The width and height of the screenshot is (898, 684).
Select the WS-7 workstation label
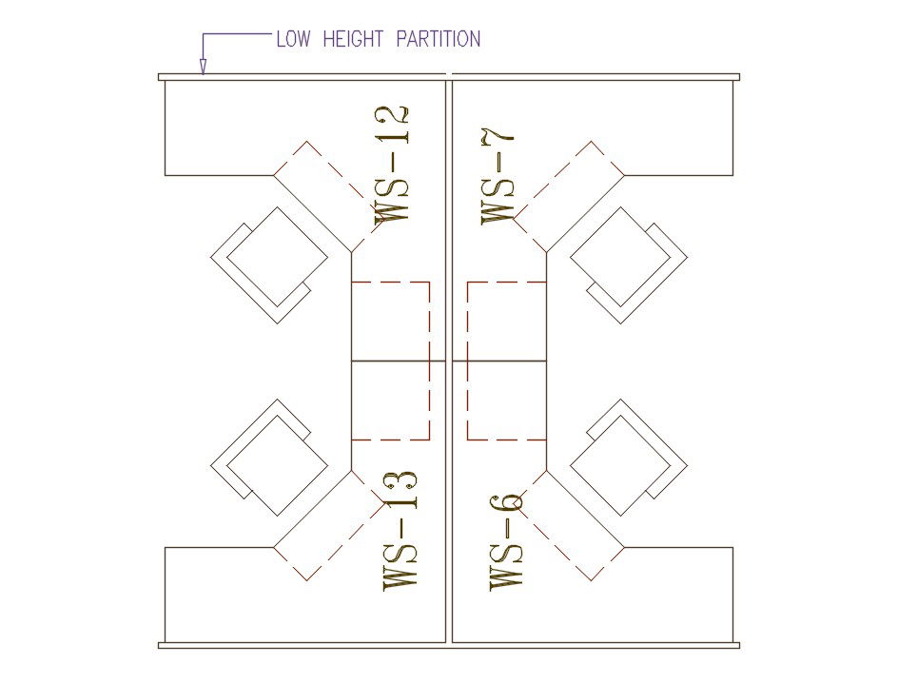[500, 177]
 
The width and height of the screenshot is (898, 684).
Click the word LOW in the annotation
[292, 39]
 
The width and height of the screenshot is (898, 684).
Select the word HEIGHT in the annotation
[353, 39]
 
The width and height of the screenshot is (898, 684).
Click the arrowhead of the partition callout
[203, 67]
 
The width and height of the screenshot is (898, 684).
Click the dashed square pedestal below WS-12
[390, 322]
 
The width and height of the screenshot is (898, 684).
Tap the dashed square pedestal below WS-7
[507, 322]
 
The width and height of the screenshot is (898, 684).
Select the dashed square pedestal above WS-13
[390, 401]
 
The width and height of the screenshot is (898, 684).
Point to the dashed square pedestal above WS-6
[507, 401]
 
